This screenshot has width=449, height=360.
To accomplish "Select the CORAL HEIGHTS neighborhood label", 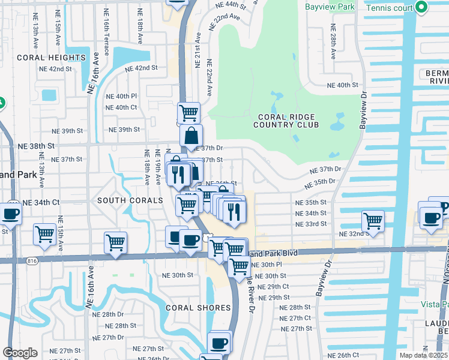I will [x=51, y=58].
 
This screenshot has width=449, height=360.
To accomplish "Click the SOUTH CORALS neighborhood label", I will [x=130, y=200].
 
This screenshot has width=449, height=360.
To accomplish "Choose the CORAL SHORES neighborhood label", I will [x=199, y=308].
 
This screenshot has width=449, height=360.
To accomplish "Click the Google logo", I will [x=20, y=353].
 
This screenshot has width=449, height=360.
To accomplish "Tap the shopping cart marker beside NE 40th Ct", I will [x=188, y=112].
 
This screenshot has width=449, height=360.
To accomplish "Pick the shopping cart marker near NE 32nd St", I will [x=373, y=220].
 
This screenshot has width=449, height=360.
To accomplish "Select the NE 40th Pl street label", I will [x=121, y=96].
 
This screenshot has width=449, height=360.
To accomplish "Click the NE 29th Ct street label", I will [x=273, y=287].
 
